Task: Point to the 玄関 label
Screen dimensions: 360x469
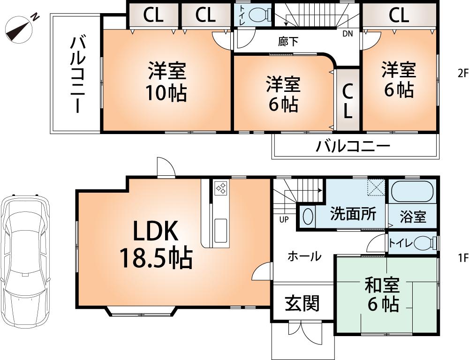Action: [x=302, y=303]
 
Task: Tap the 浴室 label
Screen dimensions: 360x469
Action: [x=413, y=217]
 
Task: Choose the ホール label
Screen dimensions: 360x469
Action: [x=304, y=256]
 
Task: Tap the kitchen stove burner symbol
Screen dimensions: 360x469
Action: [x=220, y=188]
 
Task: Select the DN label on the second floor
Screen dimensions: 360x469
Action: [x=348, y=33]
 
